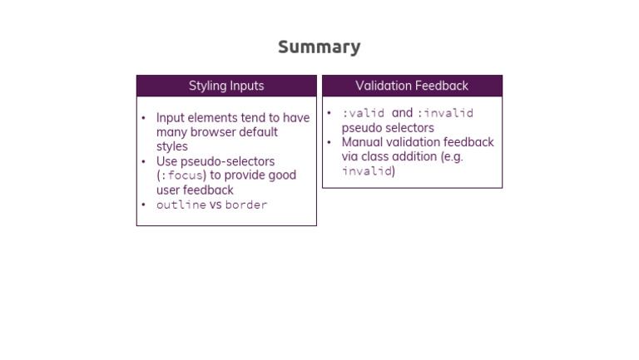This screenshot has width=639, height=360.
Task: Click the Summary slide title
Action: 319,47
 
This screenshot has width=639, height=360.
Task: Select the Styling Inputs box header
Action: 226,86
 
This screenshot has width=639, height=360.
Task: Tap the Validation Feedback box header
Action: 412,86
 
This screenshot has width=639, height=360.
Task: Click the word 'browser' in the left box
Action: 218,132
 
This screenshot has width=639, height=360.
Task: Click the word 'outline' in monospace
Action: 181,205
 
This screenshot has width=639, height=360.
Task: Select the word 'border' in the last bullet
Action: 246,205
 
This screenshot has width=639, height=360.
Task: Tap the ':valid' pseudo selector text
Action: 363,113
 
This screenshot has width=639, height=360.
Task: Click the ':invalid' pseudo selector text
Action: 445,113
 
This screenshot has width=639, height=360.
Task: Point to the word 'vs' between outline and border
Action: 215,205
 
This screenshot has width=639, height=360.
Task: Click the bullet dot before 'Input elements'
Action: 143,118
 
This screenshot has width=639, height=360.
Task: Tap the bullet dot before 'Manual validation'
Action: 329,142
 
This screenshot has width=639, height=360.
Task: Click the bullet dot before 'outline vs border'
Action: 143,205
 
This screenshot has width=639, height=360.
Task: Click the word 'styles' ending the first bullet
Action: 172,147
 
